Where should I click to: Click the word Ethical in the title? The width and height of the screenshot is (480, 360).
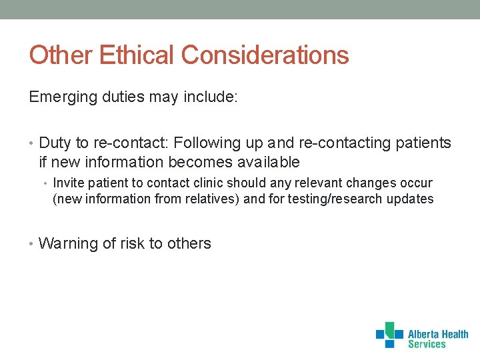[x=137, y=55]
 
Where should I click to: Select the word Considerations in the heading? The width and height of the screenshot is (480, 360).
[x=265, y=55]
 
